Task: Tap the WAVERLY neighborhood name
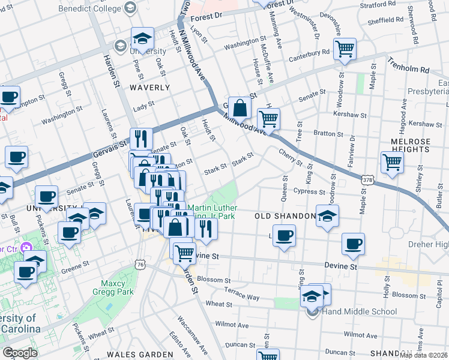pos(149,87)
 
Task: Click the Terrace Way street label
pos(241,293)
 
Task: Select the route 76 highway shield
pos(140,264)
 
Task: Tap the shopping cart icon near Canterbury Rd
pos(345,49)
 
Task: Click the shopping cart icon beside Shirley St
pos(391,161)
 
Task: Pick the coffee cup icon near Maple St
pos(354,244)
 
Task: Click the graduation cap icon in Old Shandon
pos(327,215)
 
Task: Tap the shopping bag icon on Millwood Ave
pos(240,109)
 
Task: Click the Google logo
pos(20,353)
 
